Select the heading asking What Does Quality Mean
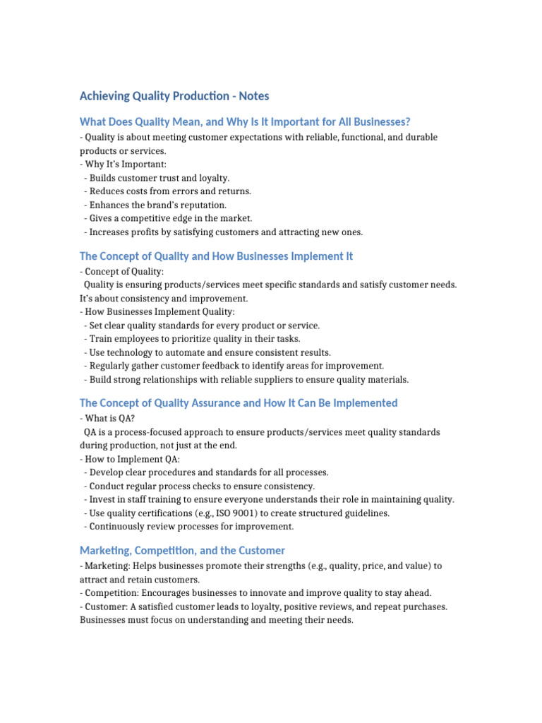point(245,121)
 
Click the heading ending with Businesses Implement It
point(216,256)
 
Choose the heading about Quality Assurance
point(239,403)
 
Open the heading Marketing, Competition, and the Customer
point(182,550)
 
